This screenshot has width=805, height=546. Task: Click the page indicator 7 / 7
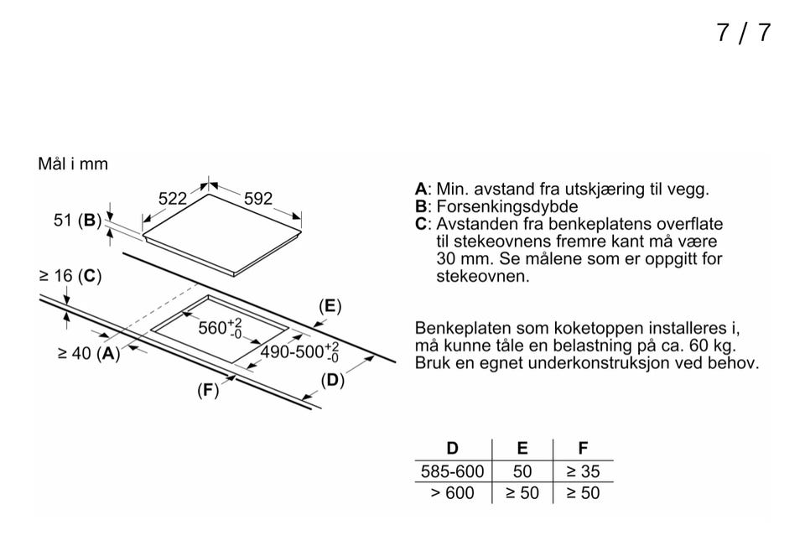tap(744, 33)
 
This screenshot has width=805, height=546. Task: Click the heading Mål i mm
tap(73, 164)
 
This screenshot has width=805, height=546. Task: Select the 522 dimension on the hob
tap(173, 198)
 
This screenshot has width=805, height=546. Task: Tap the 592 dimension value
tap(257, 198)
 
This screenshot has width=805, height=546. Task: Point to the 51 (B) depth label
tap(77, 221)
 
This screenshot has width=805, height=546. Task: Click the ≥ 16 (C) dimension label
tap(70, 276)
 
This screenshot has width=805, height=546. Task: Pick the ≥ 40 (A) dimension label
tap(89, 353)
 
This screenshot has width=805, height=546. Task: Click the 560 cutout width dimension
tap(220, 328)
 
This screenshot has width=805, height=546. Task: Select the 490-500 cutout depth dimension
tap(299, 352)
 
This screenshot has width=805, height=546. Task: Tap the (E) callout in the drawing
tap(330, 306)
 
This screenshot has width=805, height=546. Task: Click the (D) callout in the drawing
tap(332, 380)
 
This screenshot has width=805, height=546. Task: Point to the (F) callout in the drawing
tap(208, 390)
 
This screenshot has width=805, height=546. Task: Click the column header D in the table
tap(452, 449)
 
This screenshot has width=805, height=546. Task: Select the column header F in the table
tap(583, 449)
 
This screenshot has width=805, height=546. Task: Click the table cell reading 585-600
tap(452, 471)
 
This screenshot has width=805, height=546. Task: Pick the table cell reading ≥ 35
tap(583, 471)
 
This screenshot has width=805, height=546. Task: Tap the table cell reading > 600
tap(452, 493)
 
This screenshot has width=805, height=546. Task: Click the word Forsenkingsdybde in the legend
tap(507, 206)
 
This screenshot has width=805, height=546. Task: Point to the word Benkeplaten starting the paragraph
tap(463, 328)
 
